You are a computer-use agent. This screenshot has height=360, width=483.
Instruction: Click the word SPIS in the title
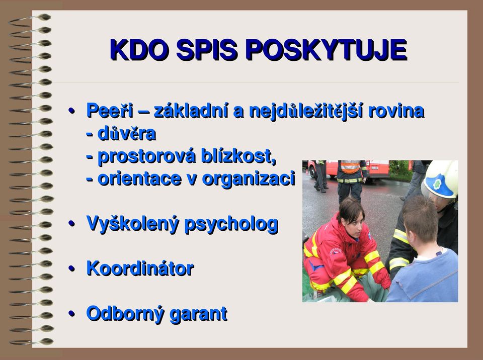pyautogui.click(x=207, y=50)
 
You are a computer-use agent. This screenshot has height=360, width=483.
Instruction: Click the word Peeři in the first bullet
pyautogui.click(x=110, y=110)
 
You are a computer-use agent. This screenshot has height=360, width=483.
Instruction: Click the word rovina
pyautogui.click(x=396, y=111)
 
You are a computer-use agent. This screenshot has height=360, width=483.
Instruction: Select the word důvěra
pyautogui.click(x=127, y=134)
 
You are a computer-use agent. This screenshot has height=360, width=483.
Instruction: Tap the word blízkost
pyautogui.click(x=238, y=156)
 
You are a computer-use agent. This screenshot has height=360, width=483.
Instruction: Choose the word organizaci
pyautogui.click(x=249, y=179)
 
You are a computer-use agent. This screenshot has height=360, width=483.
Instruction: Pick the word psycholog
pyautogui.click(x=231, y=225)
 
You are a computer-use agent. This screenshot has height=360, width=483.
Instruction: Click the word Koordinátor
pyautogui.click(x=140, y=268)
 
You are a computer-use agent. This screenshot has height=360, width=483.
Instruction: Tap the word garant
pyautogui.click(x=198, y=314)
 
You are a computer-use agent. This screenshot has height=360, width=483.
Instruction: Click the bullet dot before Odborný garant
pyautogui.click(x=72, y=314)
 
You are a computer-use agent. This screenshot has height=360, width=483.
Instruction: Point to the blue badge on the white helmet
pyautogui.click(x=438, y=185)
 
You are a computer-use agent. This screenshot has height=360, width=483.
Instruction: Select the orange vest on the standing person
pyautogui.click(x=350, y=166)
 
